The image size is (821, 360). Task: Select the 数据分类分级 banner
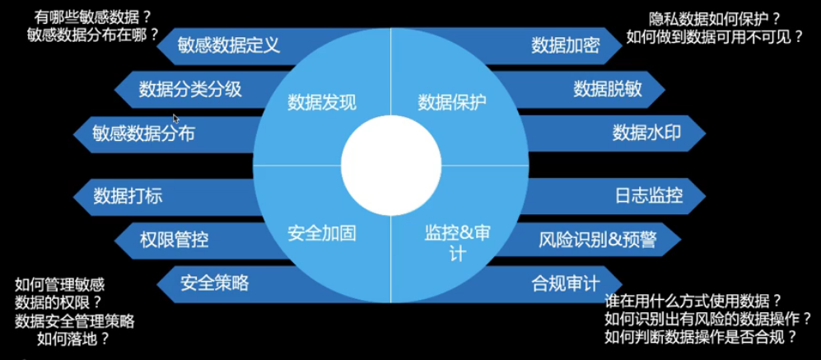pos(190,89)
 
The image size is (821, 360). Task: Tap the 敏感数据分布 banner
pos(143,133)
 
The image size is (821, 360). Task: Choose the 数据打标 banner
pos(128,196)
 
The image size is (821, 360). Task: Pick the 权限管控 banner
pos(174,240)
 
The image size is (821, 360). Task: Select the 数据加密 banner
pos(565,45)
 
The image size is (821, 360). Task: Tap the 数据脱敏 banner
pos(608,89)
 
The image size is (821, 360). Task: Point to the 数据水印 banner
pos(646,133)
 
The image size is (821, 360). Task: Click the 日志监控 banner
pos(649,196)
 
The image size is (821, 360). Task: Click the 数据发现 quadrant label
pos(322,102)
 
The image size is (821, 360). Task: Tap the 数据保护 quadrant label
pos(452,102)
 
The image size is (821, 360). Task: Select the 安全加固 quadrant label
pos(322,233)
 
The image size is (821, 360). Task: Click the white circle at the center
pos(390,166)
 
